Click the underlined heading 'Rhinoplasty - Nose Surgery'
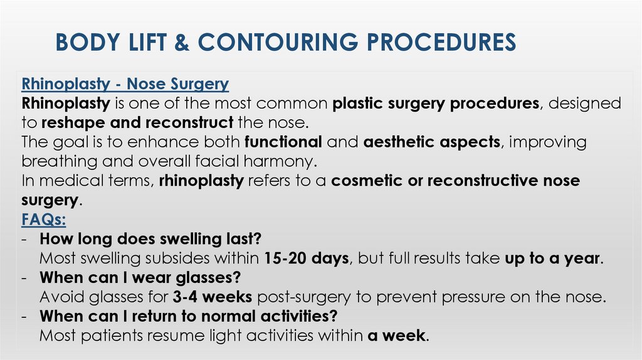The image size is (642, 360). coord(125,83)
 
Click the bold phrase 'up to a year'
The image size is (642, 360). coord(553,258)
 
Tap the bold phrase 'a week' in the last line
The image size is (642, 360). coord(396,336)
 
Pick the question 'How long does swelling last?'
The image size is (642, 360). coord(150,239)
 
